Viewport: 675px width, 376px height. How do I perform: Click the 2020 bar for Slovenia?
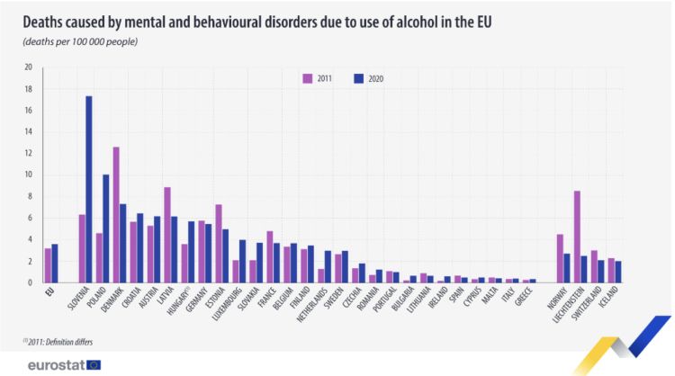click(89, 189)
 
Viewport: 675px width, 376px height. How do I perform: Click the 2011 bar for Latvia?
click(167, 235)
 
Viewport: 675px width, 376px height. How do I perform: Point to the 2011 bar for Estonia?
click(219, 243)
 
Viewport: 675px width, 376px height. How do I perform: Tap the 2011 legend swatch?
click(308, 79)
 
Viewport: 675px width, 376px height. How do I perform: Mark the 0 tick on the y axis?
click(30, 282)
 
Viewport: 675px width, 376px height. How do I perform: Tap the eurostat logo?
click(63, 364)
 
